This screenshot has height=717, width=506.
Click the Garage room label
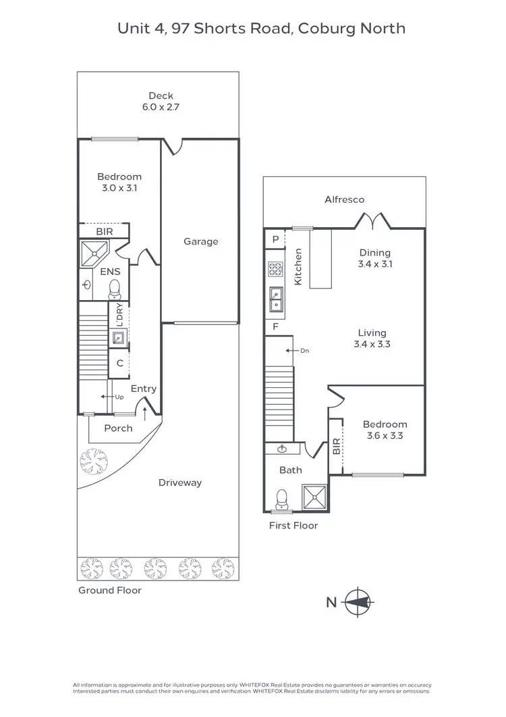[x=200, y=241]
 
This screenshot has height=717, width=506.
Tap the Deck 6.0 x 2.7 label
[x=161, y=101]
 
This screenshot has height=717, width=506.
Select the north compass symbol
[x=358, y=601]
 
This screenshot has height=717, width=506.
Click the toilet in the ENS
[x=115, y=289]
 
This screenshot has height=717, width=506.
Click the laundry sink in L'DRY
[x=118, y=338]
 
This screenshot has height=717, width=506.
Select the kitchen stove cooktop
[x=275, y=269]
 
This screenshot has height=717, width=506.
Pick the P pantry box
[x=275, y=239]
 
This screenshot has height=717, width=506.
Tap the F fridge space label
[x=275, y=327]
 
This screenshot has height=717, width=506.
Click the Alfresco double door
[x=372, y=220]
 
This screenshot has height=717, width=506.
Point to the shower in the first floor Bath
[x=315, y=497]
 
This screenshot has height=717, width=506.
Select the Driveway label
[x=180, y=483]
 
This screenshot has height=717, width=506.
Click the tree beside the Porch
[x=94, y=462]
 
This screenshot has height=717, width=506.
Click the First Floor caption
[x=293, y=525]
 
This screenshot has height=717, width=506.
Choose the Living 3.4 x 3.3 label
[x=372, y=338]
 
